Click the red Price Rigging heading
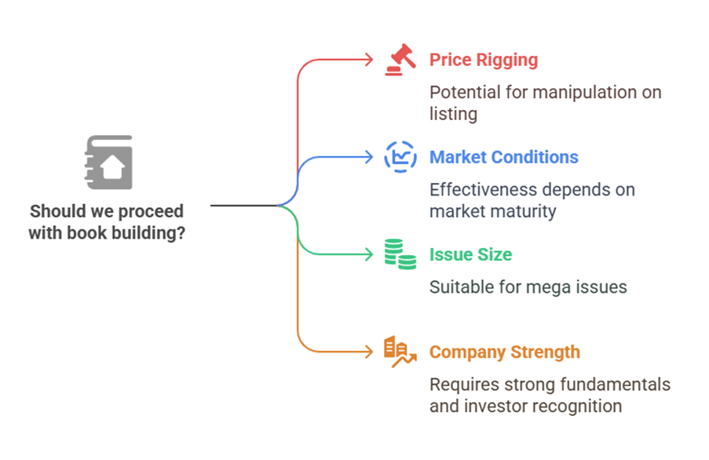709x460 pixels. (484, 60)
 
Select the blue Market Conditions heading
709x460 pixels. (504, 157)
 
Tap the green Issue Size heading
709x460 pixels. (471, 255)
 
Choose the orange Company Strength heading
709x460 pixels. (505, 352)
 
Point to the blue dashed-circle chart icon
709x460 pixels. (400, 157)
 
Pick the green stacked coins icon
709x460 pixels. (400, 254)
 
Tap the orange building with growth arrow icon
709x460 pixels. (400, 352)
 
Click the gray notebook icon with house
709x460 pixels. (108, 162)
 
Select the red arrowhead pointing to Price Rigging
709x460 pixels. (369, 60)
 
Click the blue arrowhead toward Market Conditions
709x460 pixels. (369, 157)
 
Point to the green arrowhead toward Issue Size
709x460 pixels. (369, 254)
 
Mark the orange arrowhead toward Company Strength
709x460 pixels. (369, 352)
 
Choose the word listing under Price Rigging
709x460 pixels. (454, 115)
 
